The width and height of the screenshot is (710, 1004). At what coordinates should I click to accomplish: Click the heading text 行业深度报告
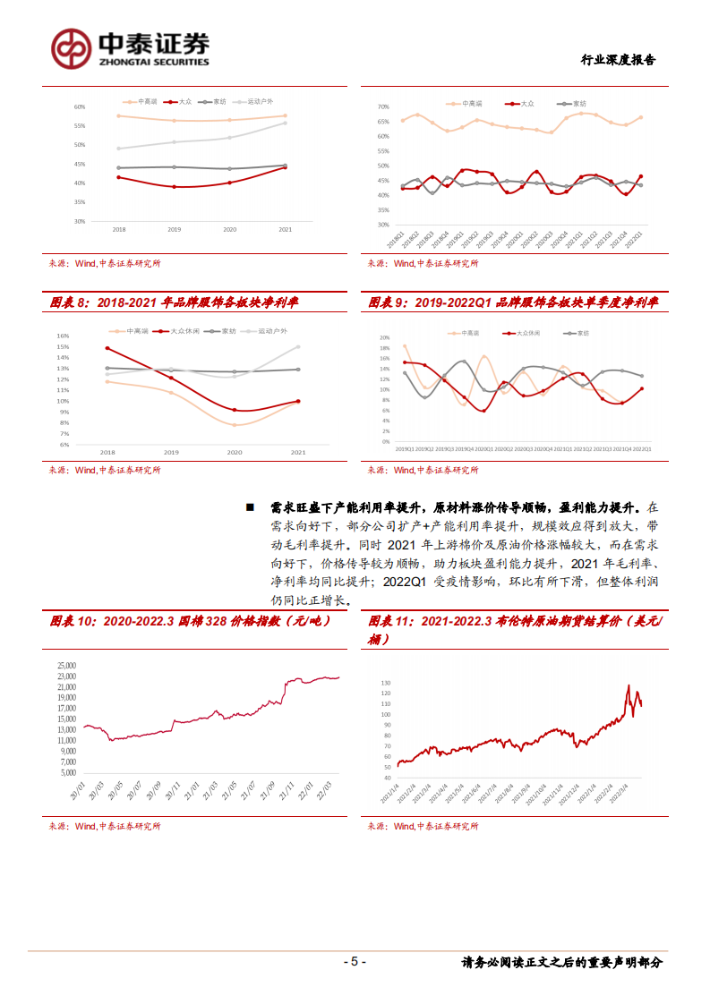point(618,60)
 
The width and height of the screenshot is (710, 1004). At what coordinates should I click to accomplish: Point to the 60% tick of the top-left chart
point(80,106)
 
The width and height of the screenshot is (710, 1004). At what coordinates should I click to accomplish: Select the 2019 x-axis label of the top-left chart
point(174,230)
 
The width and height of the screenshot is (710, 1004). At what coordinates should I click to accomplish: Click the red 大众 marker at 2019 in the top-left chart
point(174,187)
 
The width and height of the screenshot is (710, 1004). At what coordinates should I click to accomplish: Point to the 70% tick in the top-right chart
point(382,106)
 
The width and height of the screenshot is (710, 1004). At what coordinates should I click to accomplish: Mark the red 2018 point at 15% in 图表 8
point(108,348)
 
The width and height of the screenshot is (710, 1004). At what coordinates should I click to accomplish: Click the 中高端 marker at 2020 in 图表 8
point(235,424)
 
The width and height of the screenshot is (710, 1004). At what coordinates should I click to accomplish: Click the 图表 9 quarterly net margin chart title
point(514,303)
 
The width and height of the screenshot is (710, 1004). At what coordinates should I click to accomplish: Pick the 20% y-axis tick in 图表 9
point(384,338)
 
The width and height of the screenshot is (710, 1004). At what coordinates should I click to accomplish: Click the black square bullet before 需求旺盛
point(252,507)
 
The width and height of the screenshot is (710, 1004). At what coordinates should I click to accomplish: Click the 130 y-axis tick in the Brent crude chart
point(386,683)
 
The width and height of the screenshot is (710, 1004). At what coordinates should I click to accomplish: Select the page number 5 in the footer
point(355,962)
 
